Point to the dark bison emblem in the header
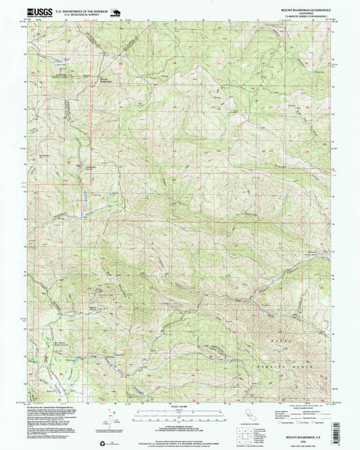coord(113,11)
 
